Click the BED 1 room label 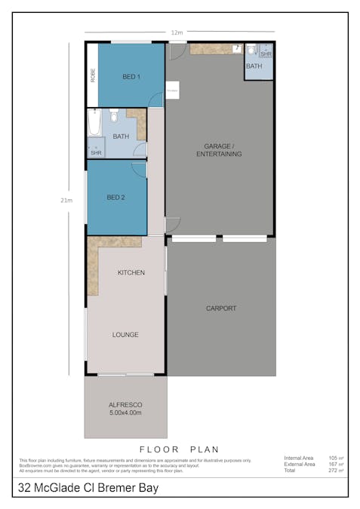(x=131, y=77)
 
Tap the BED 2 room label (x=115, y=198)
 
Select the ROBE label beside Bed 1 (x=93, y=75)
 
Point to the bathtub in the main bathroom (x=94, y=122)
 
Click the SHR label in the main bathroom (x=96, y=153)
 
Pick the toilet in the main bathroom (x=114, y=116)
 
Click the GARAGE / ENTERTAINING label (x=219, y=149)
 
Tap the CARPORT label (x=221, y=308)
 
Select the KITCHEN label (x=131, y=272)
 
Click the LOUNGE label (x=125, y=334)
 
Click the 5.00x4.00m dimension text (x=125, y=413)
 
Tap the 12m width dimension (x=177, y=32)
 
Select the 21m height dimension (x=67, y=200)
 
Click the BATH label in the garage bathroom (x=254, y=66)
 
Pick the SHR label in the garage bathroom (x=266, y=54)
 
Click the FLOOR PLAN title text (x=180, y=449)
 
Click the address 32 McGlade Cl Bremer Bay (x=88, y=488)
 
